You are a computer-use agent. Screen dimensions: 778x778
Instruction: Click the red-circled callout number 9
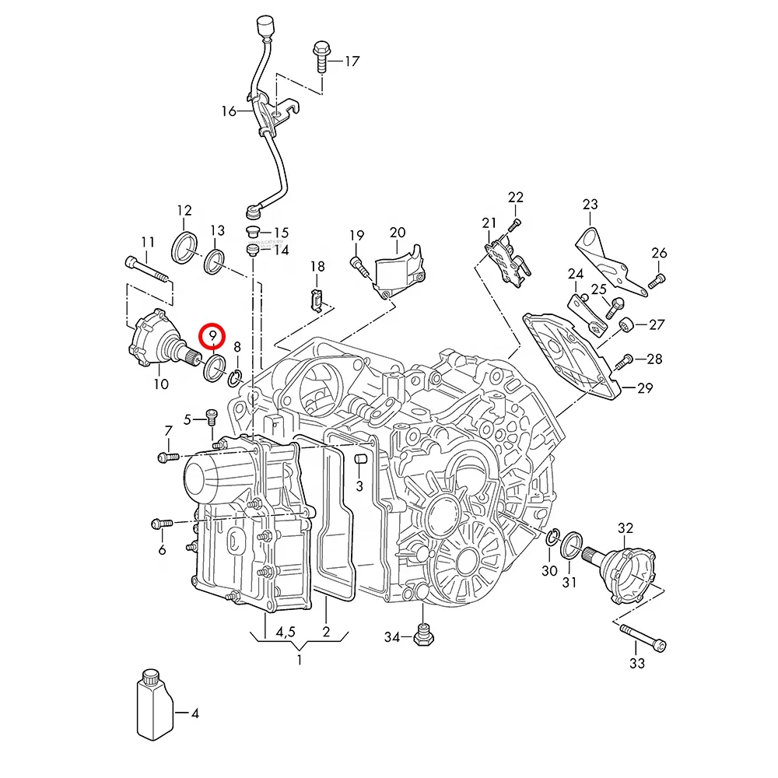click(212, 336)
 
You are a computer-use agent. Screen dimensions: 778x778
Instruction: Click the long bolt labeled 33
click(643, 637)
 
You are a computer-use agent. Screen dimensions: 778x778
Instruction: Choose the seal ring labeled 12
click(184, 247)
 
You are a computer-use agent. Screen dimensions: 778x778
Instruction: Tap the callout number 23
click(590, 204)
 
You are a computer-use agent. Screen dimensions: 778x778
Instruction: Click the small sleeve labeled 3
click(360, 459)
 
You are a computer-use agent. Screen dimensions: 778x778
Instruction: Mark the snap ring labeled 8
click(235, 379)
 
